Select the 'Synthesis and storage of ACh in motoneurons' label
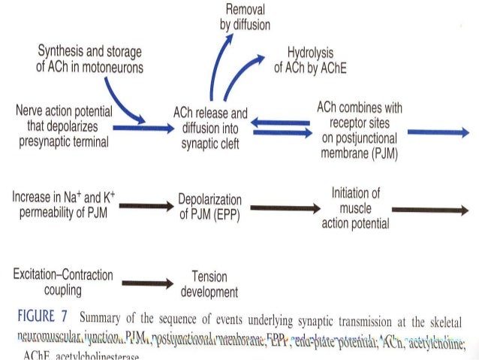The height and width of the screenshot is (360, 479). pyautogui.click(x=91, y=58)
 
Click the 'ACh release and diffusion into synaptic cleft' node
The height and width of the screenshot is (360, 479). pyautogui.click(x=209, y=128)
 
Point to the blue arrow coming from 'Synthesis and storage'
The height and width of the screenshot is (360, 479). pyautogui.click(x=120, y=101)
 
